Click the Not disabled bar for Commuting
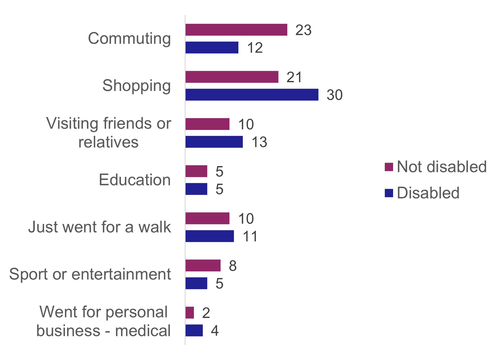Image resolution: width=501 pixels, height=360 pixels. pyautogui.click(x=236, y=30)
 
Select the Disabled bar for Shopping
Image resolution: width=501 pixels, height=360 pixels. pyautogui.click(x=252, y=95)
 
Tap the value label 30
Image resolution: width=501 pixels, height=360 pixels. pyautogui.click(x=334, y=95)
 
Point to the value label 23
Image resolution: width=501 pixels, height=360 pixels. pyautogui.click(x=303, y=30)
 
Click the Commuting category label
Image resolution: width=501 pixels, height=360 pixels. pyautogui.click(x=129, y=39)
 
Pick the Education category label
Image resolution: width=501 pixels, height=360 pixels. pyautogui.click(x=135, y=180)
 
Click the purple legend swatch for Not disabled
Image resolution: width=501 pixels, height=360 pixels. pyautogui.click(x=389, y=167)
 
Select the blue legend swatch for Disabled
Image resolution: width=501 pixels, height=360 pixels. pyautogui.click(x=389, y=193)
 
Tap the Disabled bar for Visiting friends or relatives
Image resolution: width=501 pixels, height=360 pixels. pyautogui.click(x=214, y=142)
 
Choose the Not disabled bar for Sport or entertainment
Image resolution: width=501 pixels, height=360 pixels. pyautogui.click(x=203, y=265)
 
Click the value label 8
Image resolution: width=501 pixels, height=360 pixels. pyautogui.click(x=233, y=266)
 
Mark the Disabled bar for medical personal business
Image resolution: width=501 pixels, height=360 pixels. pyautogui.click(x=194, y=330)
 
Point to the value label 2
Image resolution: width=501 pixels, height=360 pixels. pyautogui.click(x=206, y=313)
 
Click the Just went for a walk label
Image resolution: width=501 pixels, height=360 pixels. pyautogui.click(x=100, y=227)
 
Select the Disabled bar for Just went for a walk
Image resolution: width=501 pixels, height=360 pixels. pyautogui.click(x=210, y=236)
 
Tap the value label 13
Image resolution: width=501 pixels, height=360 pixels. pyautogui.click(x=259, y=142)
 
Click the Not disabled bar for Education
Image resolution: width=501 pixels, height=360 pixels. pyautogui.click(x=196, y=171)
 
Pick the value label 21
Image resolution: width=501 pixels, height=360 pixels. pyautogui.click(x=294, y=77)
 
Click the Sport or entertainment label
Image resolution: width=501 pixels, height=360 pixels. pyautogui.click(x=90, y=274)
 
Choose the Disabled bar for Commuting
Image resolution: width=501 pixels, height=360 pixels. pyautogui.click(x=212, y=47)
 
